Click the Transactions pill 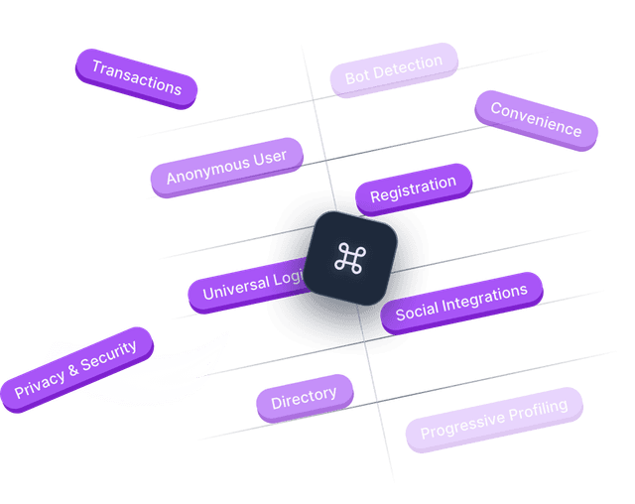point(137,77)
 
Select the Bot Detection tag point(394,69)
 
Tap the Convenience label point(536,119)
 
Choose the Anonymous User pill point(226,167)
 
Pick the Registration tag point(413,189)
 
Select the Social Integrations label point(461,303)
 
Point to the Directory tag point(304,398)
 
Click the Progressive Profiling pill point(494,419)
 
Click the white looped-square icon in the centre point(348,258)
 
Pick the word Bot point(357,75)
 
